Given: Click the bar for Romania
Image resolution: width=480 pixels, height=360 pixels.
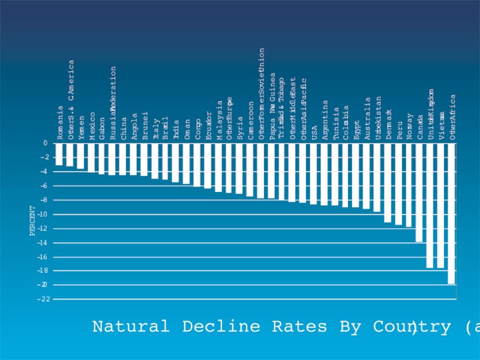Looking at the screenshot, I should [59, 154].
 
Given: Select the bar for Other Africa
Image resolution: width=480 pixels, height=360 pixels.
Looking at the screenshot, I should [452, 214].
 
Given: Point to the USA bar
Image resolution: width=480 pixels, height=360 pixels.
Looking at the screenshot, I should [314, 174].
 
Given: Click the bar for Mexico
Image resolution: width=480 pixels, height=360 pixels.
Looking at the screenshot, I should [91, 158].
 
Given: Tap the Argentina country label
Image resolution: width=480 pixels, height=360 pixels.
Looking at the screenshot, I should [325, 120].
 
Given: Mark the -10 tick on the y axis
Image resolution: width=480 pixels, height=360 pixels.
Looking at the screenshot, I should [44, 214].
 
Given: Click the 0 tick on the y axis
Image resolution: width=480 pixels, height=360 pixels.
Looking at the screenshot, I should [45, 143].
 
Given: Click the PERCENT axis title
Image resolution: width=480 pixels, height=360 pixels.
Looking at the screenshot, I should [33, 221].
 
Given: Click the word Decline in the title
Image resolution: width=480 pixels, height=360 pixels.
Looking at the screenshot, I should [221, 327].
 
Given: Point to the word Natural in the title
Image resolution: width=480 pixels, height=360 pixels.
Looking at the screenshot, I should [131, 327].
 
